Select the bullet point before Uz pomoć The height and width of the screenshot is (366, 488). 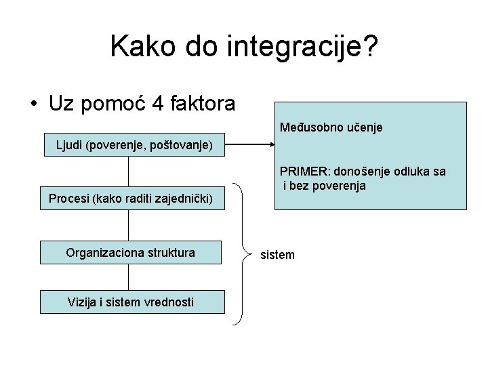pos(33,104)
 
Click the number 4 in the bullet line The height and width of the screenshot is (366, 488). pos(158,104)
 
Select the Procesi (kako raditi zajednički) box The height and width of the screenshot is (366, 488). pos(131,199)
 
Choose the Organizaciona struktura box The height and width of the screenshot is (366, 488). pos(131,253)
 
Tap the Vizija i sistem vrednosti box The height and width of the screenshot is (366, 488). pos(131,302)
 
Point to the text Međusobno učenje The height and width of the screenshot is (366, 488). pos(331,127)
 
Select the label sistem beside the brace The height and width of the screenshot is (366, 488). pos(278,255)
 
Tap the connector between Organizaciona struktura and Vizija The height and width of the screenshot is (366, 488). pos(128,277)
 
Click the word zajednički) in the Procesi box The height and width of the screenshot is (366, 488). pos(186,199)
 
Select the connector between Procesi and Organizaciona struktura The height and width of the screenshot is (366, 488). pos(128,226)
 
